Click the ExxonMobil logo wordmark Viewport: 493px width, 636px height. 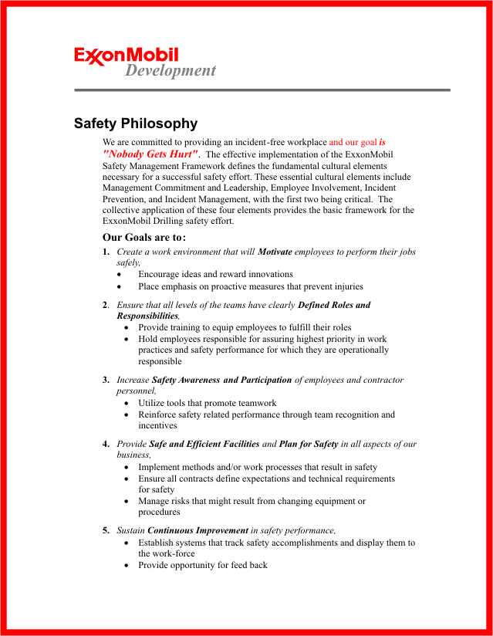[x=127, y=55]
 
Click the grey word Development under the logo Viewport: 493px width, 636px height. [x=171, y=71]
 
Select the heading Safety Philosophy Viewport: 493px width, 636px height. [x=136, y=123]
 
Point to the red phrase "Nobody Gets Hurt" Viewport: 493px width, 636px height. [x=150, y=154]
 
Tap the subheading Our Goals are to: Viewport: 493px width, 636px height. [x=144, y=237]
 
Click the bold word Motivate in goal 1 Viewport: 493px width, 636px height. [x=275, y=252]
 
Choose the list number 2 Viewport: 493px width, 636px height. [x=105, y=305]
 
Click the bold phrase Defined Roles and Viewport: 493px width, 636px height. [x=334, y=305]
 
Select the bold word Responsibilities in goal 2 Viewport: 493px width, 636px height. [x=147, y=316]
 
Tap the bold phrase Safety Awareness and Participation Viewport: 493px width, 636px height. [x=222, y=380]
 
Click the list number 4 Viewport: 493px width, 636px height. [x=106, y=444]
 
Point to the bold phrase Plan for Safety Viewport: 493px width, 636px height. [x=309, y=444]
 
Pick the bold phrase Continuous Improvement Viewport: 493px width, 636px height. [x=198, y=530]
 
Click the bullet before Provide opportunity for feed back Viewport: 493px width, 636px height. [x=127, y=566]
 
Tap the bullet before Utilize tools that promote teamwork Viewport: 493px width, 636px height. [x=127, y=403]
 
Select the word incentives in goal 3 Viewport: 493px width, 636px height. [x=157, y=425]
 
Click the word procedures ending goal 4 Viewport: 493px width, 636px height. [x=159, y=512]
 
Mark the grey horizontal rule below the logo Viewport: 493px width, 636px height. [x=262, y=90]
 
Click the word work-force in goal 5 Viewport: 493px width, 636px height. [x=167, y=553]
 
